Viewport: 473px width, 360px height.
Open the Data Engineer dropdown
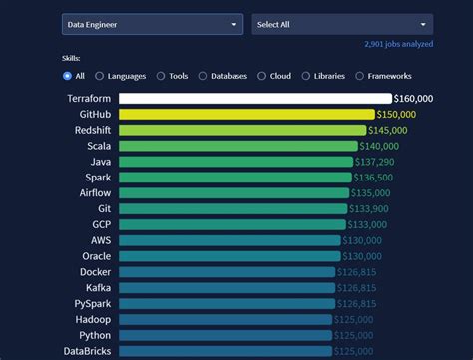pyautogui.click(x=152, y=24)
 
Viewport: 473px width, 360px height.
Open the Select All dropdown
pyautogui.click(x=341, y=24)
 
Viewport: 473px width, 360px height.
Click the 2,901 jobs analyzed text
pyautogui.click(x=397, y=45)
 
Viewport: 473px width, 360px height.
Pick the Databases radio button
pyautogui.click(x=203, y=76)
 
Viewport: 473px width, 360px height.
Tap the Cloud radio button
pyautogui.click(x=261, y=76)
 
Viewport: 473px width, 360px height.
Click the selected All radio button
pyautogui.click(x=67, y=76)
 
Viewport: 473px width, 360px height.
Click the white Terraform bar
pyautogui.click(x=254, y=98)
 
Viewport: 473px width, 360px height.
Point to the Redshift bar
pyautogui.click(x=242, y=130)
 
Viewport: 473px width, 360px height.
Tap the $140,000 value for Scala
pyautogui.click(x=381, y=146)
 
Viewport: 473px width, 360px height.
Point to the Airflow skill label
pyautogui.click(x=95, y=192)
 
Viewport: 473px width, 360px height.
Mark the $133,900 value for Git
pyautogui.click(x=371, y=208)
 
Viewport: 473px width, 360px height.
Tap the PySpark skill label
pyautogui.click(x=93, y=303)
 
